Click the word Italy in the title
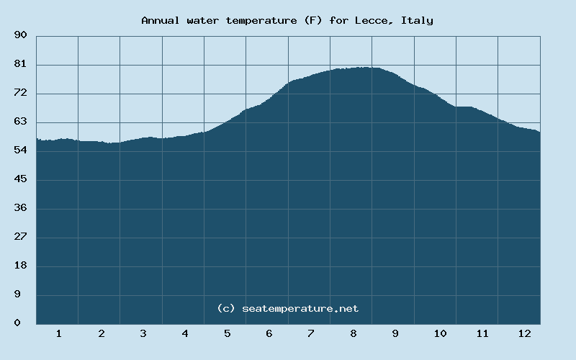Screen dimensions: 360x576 coord(418,20)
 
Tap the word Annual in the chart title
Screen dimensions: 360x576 coord(161,20)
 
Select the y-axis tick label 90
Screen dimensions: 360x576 coord(20,35)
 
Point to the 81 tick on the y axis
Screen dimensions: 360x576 coord(20,64)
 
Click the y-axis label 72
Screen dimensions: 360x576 coord(20,93)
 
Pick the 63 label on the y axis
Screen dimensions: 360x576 coord(20,122)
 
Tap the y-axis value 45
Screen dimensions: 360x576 coord(20,179)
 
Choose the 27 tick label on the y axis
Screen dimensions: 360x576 coord(20,237)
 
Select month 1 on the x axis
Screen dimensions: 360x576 coord(58,334)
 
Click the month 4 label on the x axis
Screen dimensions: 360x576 coord(185,334)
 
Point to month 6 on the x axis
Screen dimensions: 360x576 coord(269,334)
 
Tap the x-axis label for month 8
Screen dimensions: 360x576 coord(353,334)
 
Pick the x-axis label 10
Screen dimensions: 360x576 coord(440,334)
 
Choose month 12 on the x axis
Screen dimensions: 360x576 coord(524,334)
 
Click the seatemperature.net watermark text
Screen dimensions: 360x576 coord(300,308)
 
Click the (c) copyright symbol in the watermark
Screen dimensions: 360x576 coord(226,308)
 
